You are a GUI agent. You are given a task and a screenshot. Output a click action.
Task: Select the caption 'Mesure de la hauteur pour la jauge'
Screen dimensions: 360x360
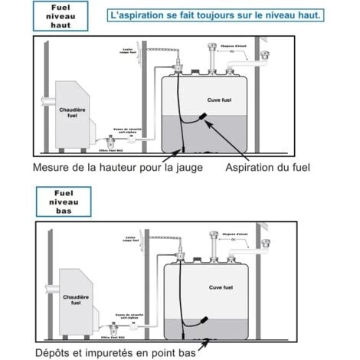tap(118, 167)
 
